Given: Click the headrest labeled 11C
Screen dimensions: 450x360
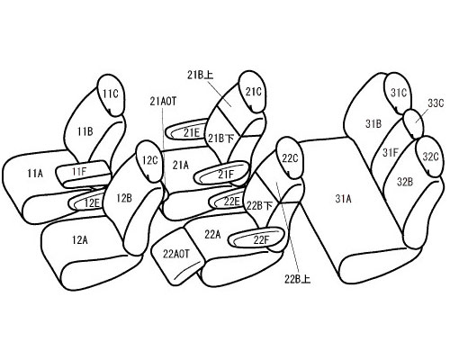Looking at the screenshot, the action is click(x=111, y=94).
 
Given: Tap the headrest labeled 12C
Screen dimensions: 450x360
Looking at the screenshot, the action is click(x=149, y=161).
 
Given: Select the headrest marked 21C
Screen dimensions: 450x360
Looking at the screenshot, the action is click(x=253, y=92).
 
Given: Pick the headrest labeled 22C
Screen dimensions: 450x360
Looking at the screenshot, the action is click(x=289, y=157).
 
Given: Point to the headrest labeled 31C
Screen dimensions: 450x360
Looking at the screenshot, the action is click(x=398, y=93).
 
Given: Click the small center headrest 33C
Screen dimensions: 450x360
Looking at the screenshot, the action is click(x=414, y=123).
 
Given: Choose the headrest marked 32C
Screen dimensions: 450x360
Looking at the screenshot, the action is click(x=430, y=157).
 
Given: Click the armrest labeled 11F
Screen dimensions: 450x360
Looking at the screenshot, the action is click(x=82, y=174).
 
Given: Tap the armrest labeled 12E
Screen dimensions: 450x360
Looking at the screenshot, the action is click(x=87, y=202).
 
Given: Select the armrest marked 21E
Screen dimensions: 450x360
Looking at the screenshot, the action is click(x=187, y=130).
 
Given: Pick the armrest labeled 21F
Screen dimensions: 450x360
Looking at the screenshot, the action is click(x=222, y=173).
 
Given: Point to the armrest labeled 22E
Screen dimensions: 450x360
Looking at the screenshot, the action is click(x=228, y=200).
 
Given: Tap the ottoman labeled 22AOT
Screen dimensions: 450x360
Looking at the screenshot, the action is click(x=176, y=256).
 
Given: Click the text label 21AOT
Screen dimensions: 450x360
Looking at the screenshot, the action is click(x=163, y=102).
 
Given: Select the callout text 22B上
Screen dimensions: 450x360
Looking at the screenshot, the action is click(x=297, y=279).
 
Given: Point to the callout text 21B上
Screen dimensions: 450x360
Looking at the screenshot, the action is click(x=201, y=75).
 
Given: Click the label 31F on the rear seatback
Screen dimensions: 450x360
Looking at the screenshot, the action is click(x=390, y=153).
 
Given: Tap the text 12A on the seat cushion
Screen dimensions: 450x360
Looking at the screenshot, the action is click(x=80, y=239).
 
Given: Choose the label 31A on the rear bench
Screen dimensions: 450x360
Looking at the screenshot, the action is click(x=343, y=199).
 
